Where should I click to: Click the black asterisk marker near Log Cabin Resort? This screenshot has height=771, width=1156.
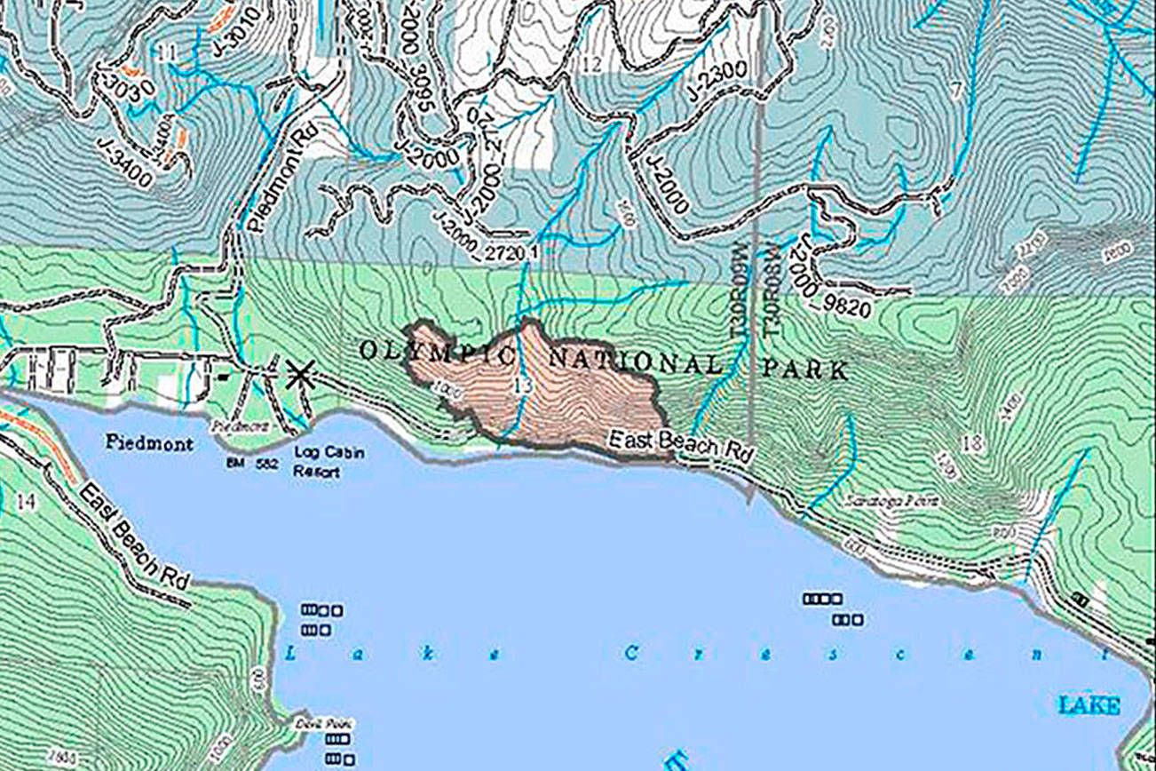click(x=299, y=375)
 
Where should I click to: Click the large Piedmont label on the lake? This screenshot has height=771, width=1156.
click(x=149, y=442)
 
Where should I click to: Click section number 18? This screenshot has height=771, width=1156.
click(x=974, y=444)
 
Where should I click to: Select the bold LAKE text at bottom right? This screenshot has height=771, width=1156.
click(x=1089, y=706)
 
